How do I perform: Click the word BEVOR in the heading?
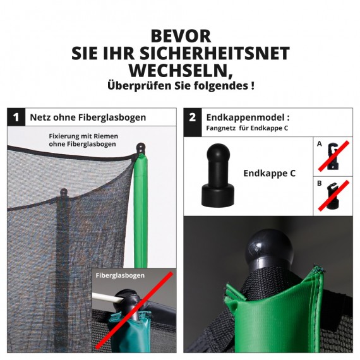pos(180,36)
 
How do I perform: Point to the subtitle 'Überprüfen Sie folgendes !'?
pos(180,85)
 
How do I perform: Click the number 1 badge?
pos(15,117)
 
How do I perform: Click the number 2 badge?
pos(192,117)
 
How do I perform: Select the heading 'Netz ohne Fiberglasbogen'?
pos(88,117)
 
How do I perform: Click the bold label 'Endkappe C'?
pos(269,173)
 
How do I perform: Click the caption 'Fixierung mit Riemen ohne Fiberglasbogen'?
pos(83,140)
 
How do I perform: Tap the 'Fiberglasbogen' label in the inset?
pos(120,275)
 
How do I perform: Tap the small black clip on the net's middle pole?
pos(63,193)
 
